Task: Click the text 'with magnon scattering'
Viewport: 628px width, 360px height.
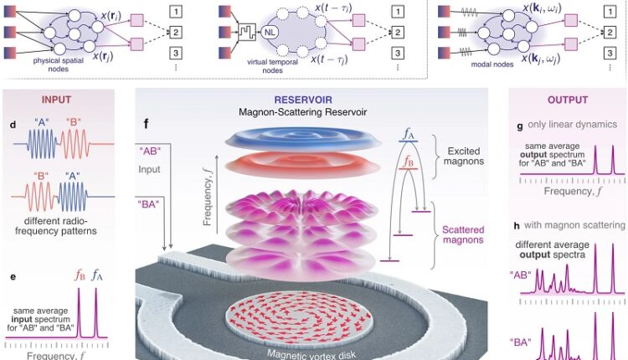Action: click(x=574, y=224)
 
